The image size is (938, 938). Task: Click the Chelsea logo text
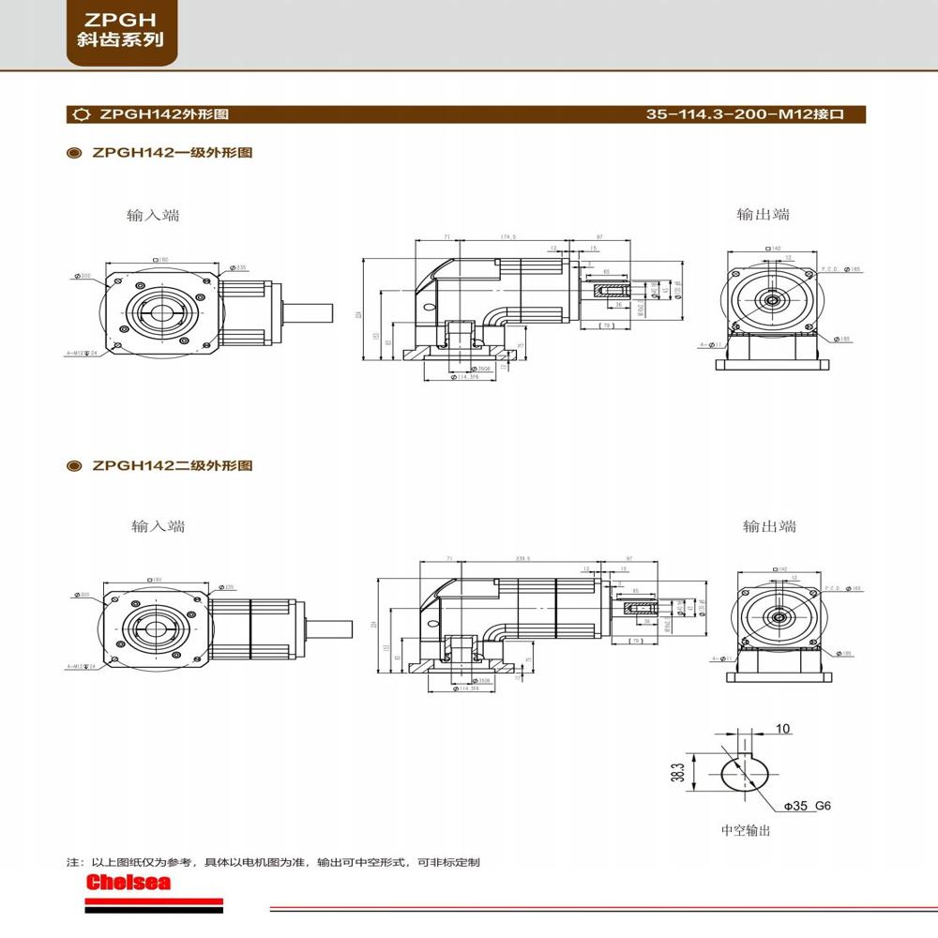128,883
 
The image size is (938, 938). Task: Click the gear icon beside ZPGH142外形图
81,115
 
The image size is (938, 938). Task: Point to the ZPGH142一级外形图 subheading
172,152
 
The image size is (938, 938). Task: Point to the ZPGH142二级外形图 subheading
172,465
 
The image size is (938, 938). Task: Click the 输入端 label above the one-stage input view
153,215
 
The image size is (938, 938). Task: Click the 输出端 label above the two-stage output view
768,526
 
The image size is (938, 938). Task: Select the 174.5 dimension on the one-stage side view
509,237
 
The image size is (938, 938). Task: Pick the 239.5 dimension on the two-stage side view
522,558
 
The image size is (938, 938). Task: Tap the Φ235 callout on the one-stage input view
240,267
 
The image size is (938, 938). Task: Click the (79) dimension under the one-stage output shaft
605,325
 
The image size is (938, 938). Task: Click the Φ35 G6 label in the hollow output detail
809,806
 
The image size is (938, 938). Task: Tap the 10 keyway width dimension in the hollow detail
784,729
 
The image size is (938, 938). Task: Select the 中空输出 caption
745,830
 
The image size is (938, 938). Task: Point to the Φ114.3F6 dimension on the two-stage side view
464,688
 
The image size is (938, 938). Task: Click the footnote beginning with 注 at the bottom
272,862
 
